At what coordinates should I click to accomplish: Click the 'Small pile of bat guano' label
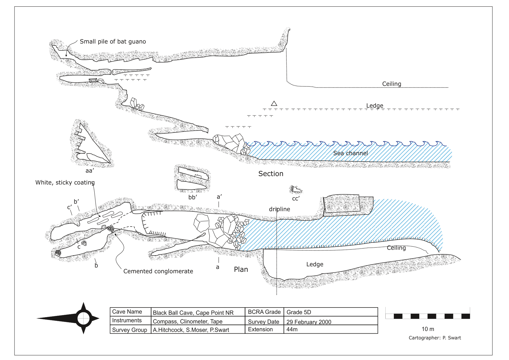(x=113, y=41)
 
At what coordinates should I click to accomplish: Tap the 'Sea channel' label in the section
(x=350, y=153)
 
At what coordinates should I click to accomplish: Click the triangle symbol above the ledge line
(x=274, y=104)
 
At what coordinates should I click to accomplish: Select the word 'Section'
(x=271, y=174)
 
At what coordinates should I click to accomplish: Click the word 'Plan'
(x=241, y=269)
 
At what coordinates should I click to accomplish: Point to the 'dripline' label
(x=279, y=209)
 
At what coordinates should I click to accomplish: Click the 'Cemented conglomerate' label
(x=158, y=271)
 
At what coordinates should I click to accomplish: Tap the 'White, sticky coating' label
(x=65, y=182)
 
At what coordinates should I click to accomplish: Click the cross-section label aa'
(x=90, y=171)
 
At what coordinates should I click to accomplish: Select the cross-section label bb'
(x=193, y=197)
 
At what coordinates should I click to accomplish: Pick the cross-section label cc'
(x=296, y=199)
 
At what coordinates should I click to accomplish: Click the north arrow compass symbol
(x=84, y=318)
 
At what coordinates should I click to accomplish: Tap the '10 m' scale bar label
(x=428, y=329)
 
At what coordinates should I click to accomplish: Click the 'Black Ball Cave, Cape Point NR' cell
(x=193, y=313)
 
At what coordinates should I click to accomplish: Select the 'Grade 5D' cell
(x=299, y=312)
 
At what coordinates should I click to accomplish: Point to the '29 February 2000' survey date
(x=309, y=322)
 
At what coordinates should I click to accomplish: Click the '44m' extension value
(x=292, y=329)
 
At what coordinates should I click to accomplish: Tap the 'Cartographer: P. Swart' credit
(x=435, y=338)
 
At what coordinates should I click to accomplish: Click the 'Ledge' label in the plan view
(x=315, y=264)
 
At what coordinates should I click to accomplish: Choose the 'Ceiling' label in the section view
(x=391, y=84)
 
